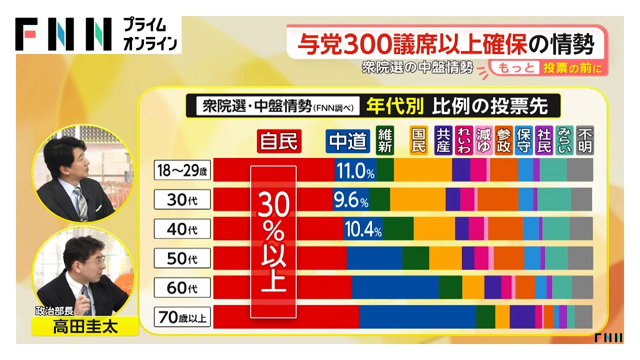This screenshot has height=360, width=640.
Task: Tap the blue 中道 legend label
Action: [x=348, y=141]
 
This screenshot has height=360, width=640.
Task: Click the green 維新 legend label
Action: [x=385, y=140]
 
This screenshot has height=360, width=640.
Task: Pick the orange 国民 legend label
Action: [x=418, y=140]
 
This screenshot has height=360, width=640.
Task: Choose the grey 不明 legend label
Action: [x=584, y=140]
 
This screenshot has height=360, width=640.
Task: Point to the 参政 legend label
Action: [x=504, y=140]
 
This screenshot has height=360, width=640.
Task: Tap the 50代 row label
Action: [x=182, y=258]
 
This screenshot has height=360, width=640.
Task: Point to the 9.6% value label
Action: [x=350, y=200]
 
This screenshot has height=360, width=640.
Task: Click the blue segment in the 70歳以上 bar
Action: [x=417, y=316]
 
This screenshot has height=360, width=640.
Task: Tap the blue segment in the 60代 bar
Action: [x=395, y=287]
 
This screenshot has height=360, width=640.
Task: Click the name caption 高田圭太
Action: [x=85, y=327]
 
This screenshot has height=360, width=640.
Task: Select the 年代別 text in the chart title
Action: [x=395, y=106]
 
